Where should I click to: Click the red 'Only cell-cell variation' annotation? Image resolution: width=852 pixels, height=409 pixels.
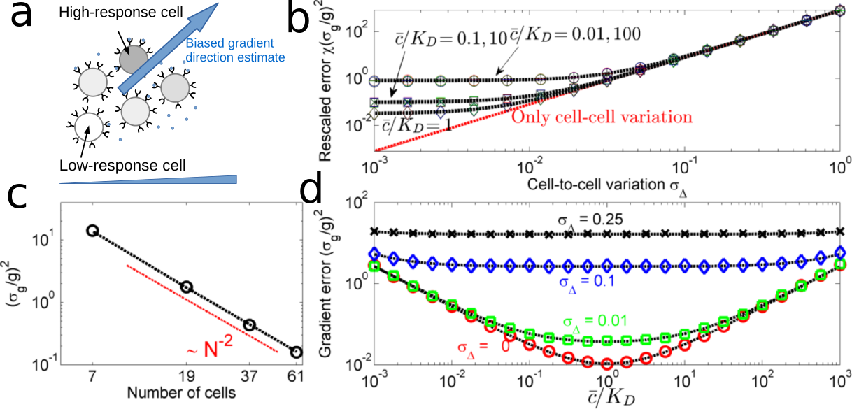tap(602, 117)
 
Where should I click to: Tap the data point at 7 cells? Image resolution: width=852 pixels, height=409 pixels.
tap(92, 230)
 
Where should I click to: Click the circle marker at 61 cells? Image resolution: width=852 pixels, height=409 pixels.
tap(297, 352)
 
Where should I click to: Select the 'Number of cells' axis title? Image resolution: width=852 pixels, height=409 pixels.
tap(185, 392)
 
